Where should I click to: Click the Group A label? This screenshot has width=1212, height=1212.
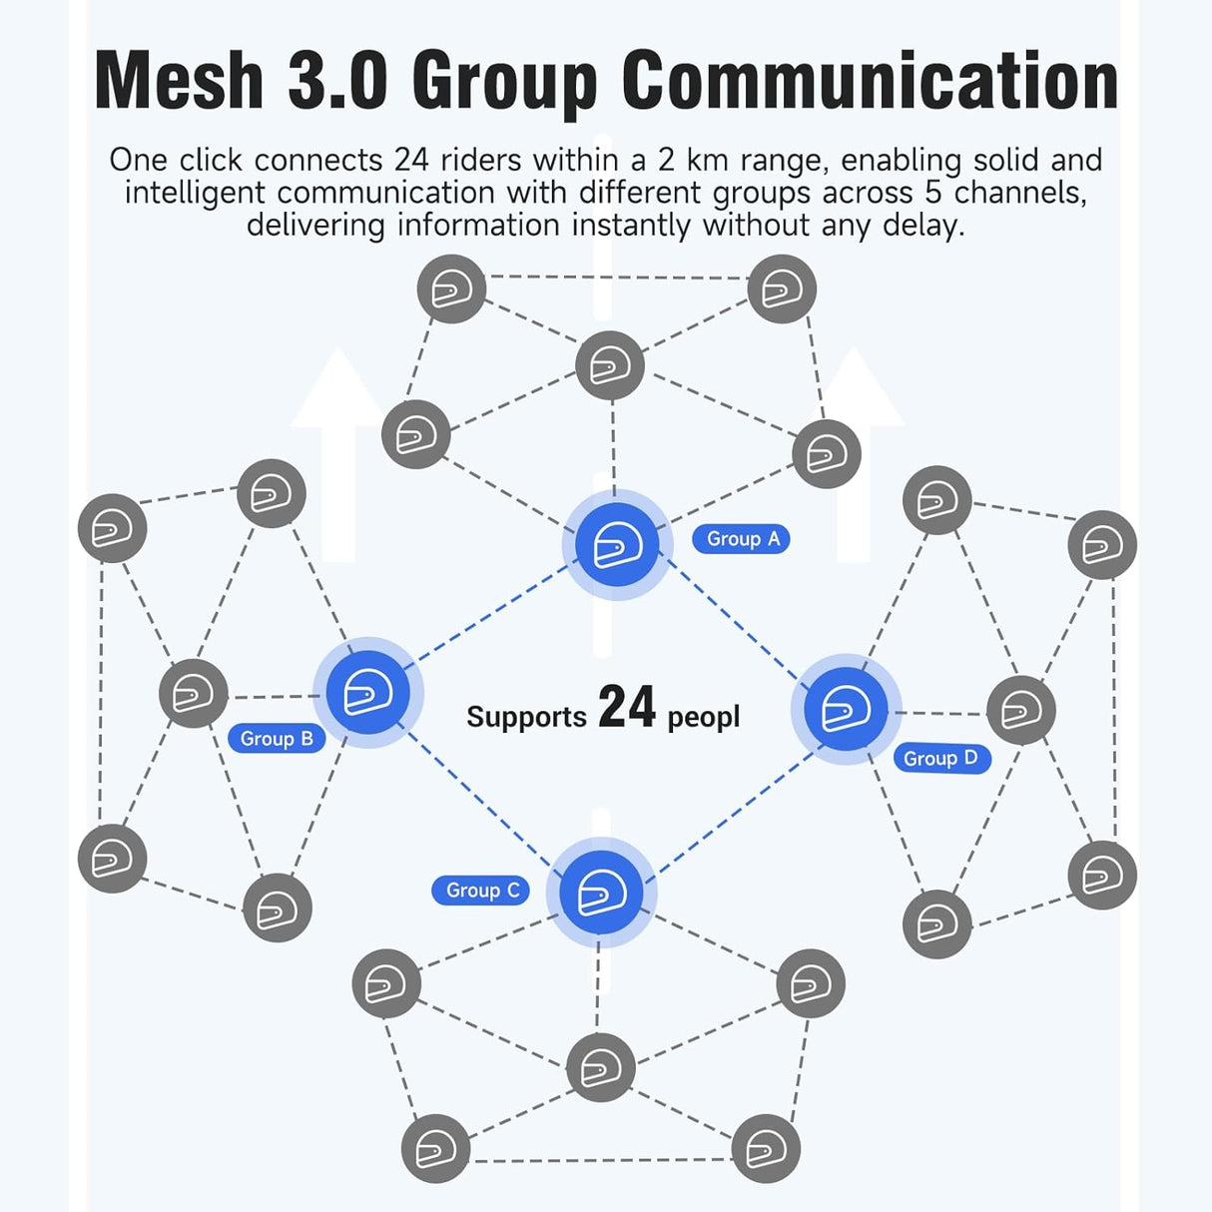[x=741, y=539]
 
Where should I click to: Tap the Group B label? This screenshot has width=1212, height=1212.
[x=277, y=739]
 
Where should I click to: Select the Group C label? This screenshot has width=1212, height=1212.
[x=480, y=890]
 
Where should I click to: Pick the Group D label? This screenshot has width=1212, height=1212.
[x=942, y=759]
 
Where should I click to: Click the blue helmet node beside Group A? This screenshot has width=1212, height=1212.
[x=617, y=545]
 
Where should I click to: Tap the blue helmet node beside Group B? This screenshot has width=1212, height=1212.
[x=368, y=692]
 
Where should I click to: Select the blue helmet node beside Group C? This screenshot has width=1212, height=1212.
[x=601, y=893]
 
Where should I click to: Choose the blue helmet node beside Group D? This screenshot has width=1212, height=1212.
[x=846, y=709]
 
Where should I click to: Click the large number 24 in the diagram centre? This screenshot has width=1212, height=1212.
[x=626, y=707]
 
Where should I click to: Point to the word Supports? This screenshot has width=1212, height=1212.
[x=526, y=718]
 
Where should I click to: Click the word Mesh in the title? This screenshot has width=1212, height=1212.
[x=179, y=81]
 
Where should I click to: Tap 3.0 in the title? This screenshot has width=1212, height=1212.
[x=337, y=81]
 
